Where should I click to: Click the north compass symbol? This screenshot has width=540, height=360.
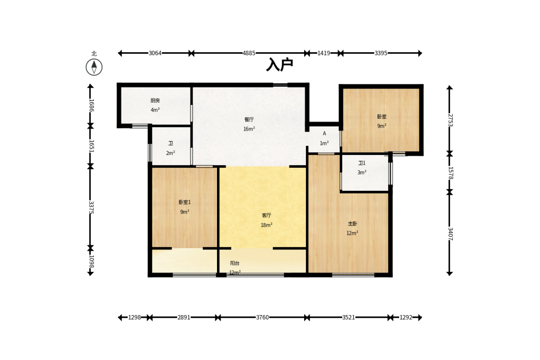pyautogui.click(x=94, y=67)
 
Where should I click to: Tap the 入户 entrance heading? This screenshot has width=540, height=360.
pyautogui.click(x=280, y=64)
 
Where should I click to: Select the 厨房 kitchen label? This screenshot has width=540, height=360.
pyautogui.click(x=155, y=100)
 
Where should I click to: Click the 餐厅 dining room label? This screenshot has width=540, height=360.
pyautogui.click(x=249, y=119)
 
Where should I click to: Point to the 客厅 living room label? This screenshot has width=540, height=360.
pyautogui.click(x=267, y=215)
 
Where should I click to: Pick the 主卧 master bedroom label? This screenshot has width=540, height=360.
pyautogui.click(x=352, y=224)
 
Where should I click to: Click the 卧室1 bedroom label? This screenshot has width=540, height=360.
pyautogui.click(x=184, y=202)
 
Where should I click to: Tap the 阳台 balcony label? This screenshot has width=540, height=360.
pyautogui.click(x=235, y=263)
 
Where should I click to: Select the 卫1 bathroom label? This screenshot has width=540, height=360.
pyautogui.click(x=362, y=163)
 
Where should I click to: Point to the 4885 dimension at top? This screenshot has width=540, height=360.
pyautogui.click(x=249, y=53)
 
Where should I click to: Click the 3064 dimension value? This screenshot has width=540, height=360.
pyautogui.click(x=155, y=53)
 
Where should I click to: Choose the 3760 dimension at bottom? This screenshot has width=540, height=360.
pyautogui.click(x=262, y=317)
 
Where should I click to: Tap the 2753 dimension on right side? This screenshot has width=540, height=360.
pyautogui.click(x=450, y=120)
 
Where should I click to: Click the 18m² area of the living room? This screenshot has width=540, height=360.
pyautogui.click(x=267, y=225)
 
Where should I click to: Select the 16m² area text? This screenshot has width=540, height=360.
pyautogui.click(x=249, y=129)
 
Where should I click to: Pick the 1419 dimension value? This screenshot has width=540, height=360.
pyautogui.click(x=324, y=53)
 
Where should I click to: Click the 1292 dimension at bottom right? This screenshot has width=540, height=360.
pyautogui.click(x=406, y=317)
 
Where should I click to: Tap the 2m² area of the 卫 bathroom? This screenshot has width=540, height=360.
pyautogui.click(x=171, y=153)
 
